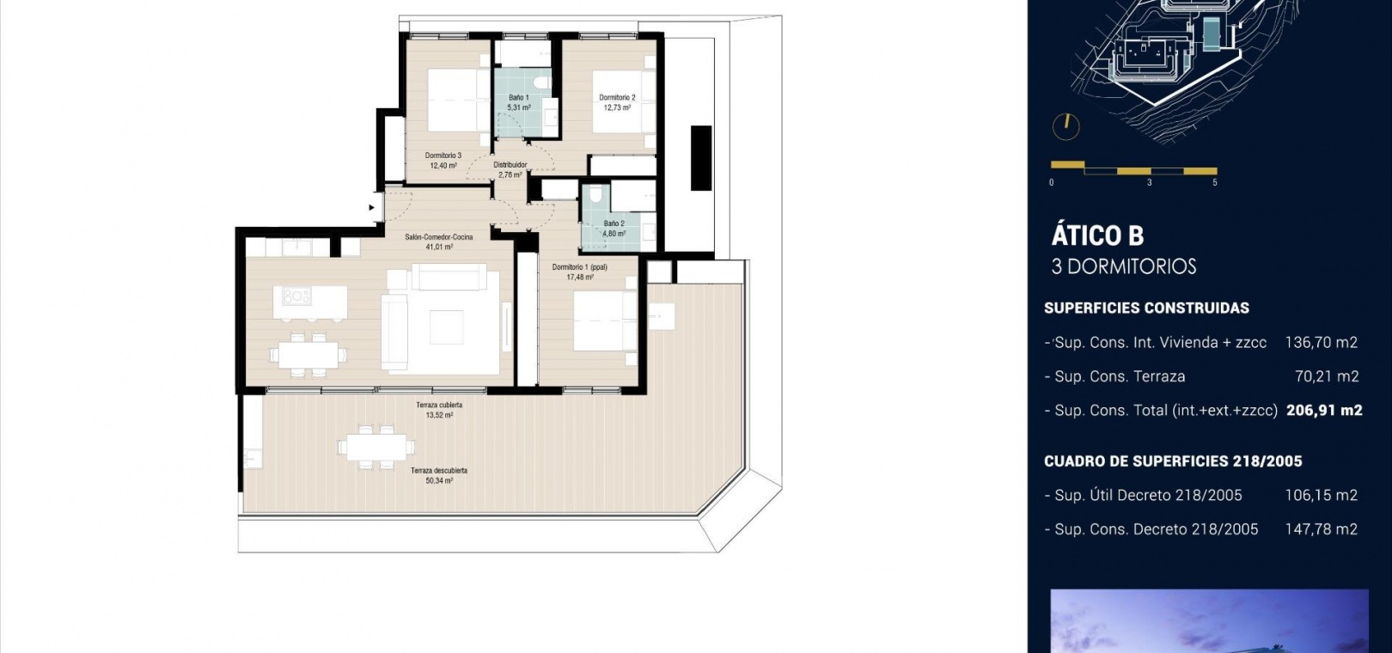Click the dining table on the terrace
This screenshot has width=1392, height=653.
[x=376, y=447]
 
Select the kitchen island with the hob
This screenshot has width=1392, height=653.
[x=310, y=302]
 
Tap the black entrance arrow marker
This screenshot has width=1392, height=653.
[x=372, y=208]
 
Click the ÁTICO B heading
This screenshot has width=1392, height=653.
[x=1097, y=235]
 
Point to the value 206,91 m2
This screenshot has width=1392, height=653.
[x=1324, y=410]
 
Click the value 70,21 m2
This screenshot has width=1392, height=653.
[x=1327, y=375]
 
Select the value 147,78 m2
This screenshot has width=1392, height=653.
[x=1322, y=528]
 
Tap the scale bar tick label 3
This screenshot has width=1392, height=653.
[x=1149, y=183]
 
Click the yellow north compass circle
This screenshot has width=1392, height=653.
[x=1066, y=127]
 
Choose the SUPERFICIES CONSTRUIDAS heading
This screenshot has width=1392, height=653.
[x=1146, y=308]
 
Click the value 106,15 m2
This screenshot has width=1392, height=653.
[x=1322, y=495]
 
